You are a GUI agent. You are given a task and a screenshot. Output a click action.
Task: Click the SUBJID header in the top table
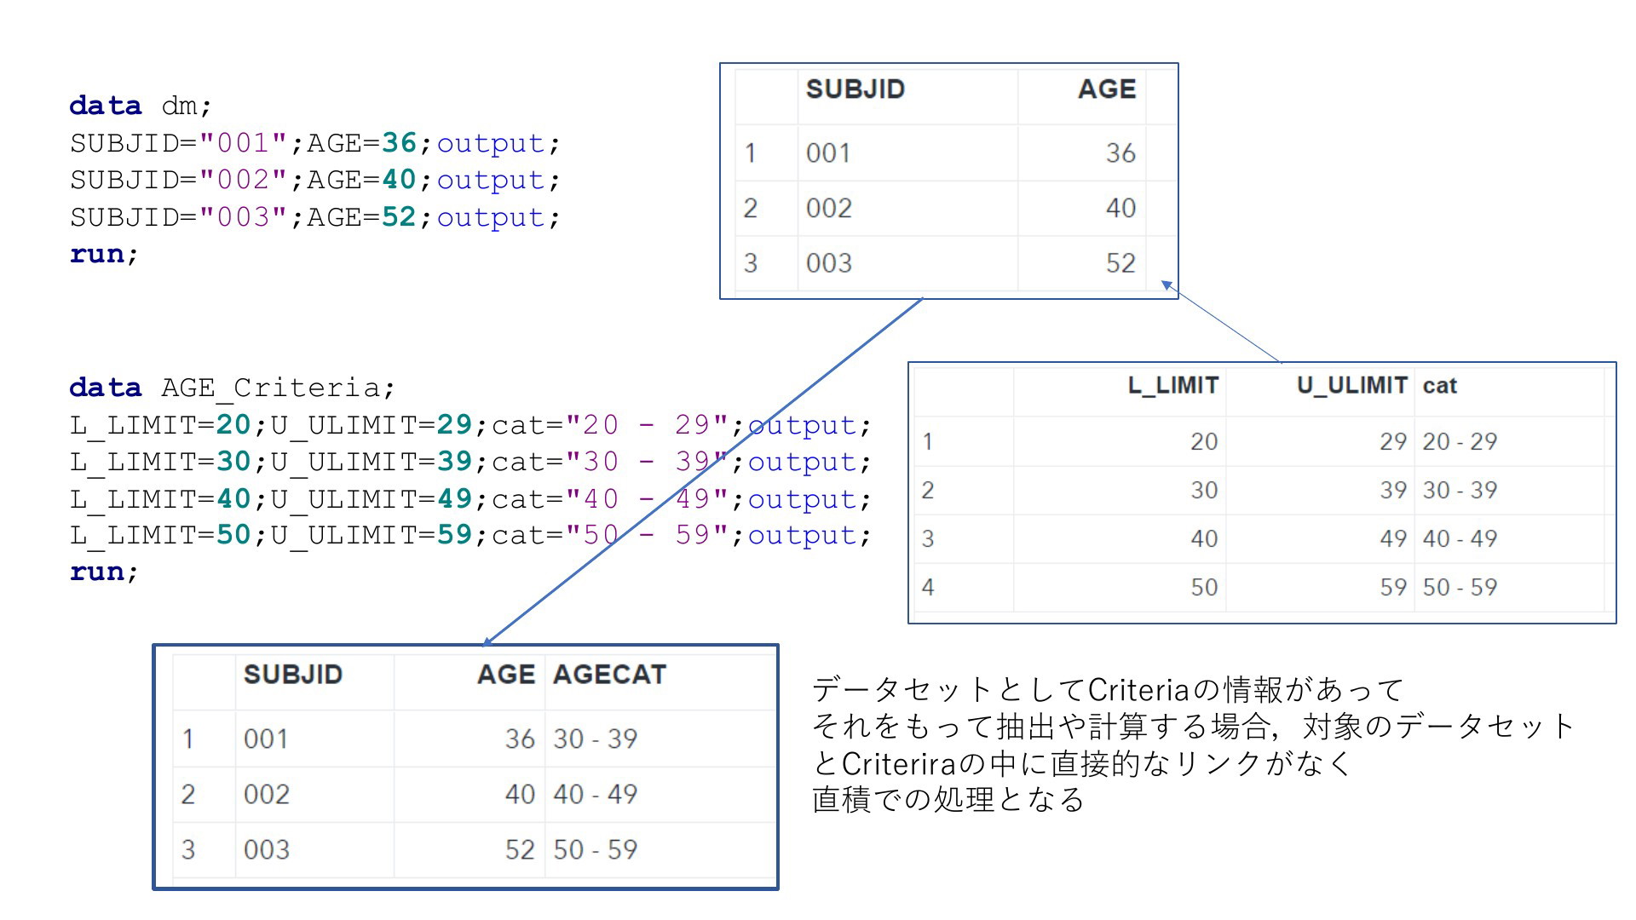click(x=855, y=89)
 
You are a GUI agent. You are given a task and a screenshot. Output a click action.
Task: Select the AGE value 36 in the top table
click(x=1120, y=152)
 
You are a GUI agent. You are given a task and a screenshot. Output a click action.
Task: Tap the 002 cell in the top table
click(x=828, y=208)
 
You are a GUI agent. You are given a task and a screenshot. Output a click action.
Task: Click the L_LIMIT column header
click(x=1172, y=386)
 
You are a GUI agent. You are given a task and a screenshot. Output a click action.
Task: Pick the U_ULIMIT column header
click(x=1351, y=386)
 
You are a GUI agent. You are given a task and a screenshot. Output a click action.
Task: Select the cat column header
click(x=1439, y=386)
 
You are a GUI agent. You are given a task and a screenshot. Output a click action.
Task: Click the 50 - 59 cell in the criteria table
click(x=1460, y=587)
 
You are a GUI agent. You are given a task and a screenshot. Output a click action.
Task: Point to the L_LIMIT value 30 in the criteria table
click(x=1204, y=490)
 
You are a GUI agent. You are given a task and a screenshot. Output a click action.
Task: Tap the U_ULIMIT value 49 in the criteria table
click(x=1393, y=538)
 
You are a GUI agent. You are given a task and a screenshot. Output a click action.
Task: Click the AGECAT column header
click(x=609, y=675)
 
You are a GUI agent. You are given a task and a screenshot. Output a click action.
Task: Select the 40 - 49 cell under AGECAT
click(x=595, y=794)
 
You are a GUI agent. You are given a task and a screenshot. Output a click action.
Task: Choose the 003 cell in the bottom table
click(x=266, y=849)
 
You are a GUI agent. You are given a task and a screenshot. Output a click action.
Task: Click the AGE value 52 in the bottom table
click(x=520, y=849)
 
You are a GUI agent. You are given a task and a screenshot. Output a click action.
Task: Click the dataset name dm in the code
click(x=180, y=106)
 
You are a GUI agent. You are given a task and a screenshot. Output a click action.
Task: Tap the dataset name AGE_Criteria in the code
click(x=271, y=388)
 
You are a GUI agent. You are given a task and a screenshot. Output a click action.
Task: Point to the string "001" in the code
click(x=243, y=142)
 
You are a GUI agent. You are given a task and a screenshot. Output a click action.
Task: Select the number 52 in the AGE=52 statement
click(x=399, y=216)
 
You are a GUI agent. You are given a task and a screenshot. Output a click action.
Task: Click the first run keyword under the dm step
click(x=97, y=254)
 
